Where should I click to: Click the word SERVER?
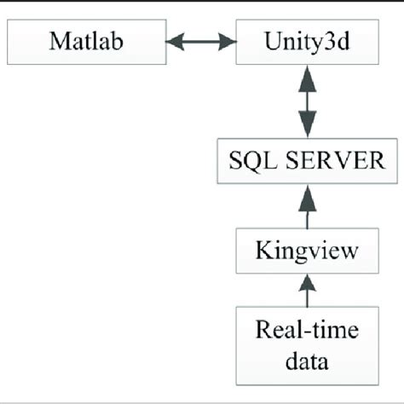330,159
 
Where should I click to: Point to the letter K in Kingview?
263,251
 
